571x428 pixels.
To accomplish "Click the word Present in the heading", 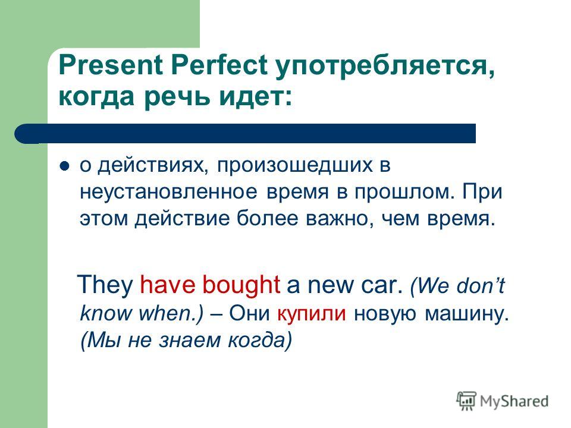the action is click(x=111, y=65).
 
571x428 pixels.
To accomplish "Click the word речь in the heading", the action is click(x=177, y=97).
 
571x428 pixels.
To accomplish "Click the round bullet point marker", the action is click(x=64, y=166).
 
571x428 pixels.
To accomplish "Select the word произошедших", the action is click(x=295, y=166).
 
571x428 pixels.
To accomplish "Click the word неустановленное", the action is click(x=168, y=192).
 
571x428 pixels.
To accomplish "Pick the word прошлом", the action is click(x=404, y=193).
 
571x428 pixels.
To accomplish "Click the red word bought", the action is click(x=241, y=284).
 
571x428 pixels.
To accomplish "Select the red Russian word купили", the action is click(x=311, y=314).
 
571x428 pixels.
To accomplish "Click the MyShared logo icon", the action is click(x=466, y=401).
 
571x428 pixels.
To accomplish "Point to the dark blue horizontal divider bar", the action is click(x=245, y=134).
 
